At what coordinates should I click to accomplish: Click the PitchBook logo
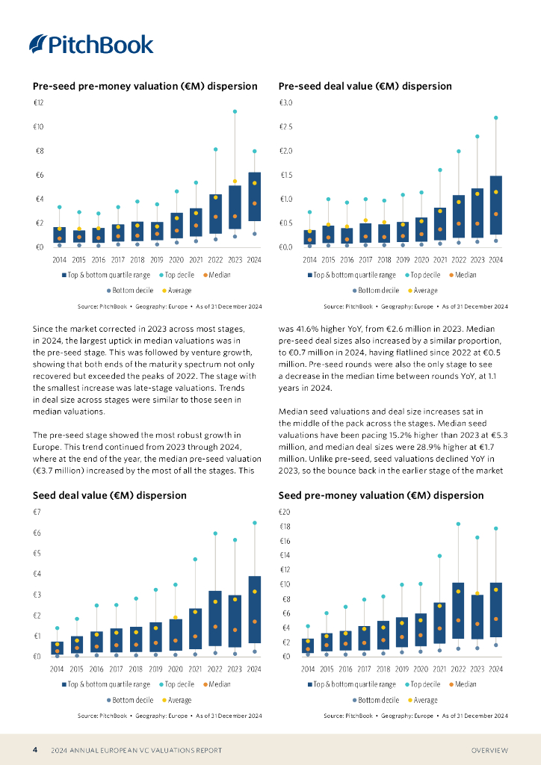coord(91,45)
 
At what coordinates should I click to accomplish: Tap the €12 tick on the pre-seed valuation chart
coord(37,102)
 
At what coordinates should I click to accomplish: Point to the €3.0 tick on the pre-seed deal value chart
coord(285,102)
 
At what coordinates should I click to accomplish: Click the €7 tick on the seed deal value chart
coord(37,512)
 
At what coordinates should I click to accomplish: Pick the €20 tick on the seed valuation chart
coord(285,512)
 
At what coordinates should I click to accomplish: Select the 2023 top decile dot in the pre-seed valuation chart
coord(235,111)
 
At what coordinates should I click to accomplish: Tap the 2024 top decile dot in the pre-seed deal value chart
coord(496,117)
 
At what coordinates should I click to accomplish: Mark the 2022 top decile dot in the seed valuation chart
coord(459,524)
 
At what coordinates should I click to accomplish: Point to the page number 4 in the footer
coord(34,749)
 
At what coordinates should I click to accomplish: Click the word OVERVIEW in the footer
coord(489,750)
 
